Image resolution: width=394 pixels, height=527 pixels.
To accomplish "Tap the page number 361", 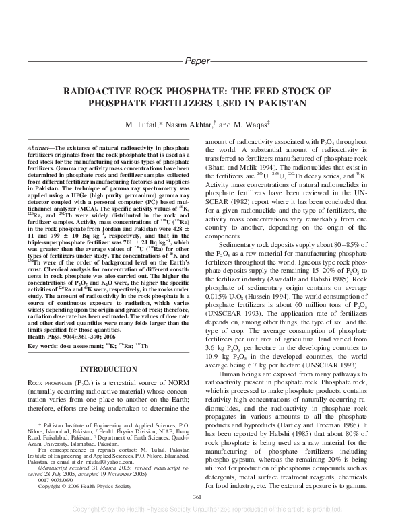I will click(x=197, y=497).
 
